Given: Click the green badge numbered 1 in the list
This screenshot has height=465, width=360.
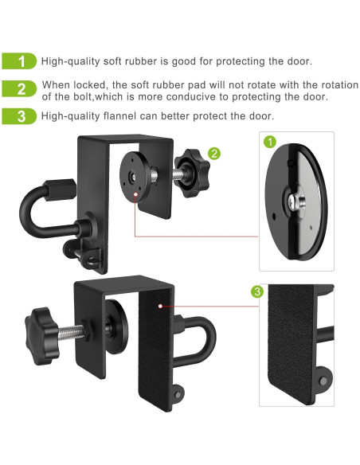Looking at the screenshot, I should click(22, 61).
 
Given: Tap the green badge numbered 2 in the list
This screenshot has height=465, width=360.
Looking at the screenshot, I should click(22, 89).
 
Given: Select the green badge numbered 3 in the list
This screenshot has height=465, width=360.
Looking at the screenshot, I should click(22, 116).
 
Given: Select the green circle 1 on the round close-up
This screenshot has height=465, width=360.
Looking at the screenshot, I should click(269, 143).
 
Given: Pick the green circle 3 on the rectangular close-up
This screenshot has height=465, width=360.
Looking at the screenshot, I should click(256, 292).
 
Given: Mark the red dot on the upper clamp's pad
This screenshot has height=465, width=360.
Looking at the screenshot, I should click(136, 193).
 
